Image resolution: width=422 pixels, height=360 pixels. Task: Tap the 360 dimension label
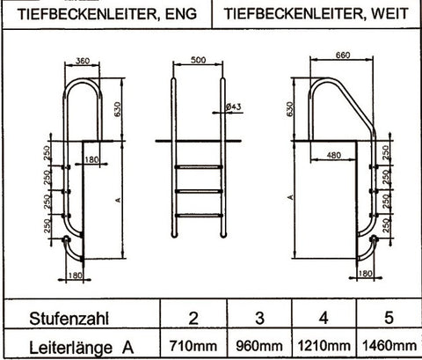pos(83,62)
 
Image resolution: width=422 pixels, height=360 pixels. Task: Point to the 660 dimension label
pos(343,55)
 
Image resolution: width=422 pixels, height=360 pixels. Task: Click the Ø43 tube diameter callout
pos(234,107)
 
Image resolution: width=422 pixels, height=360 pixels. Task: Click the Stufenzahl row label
pos(67,315)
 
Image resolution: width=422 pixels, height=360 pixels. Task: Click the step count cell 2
pos(193,315)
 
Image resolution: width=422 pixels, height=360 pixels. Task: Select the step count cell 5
pos(388,315)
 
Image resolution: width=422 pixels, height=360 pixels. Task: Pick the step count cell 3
pos(259,315)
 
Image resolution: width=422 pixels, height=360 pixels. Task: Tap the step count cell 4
pos(324,315)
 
